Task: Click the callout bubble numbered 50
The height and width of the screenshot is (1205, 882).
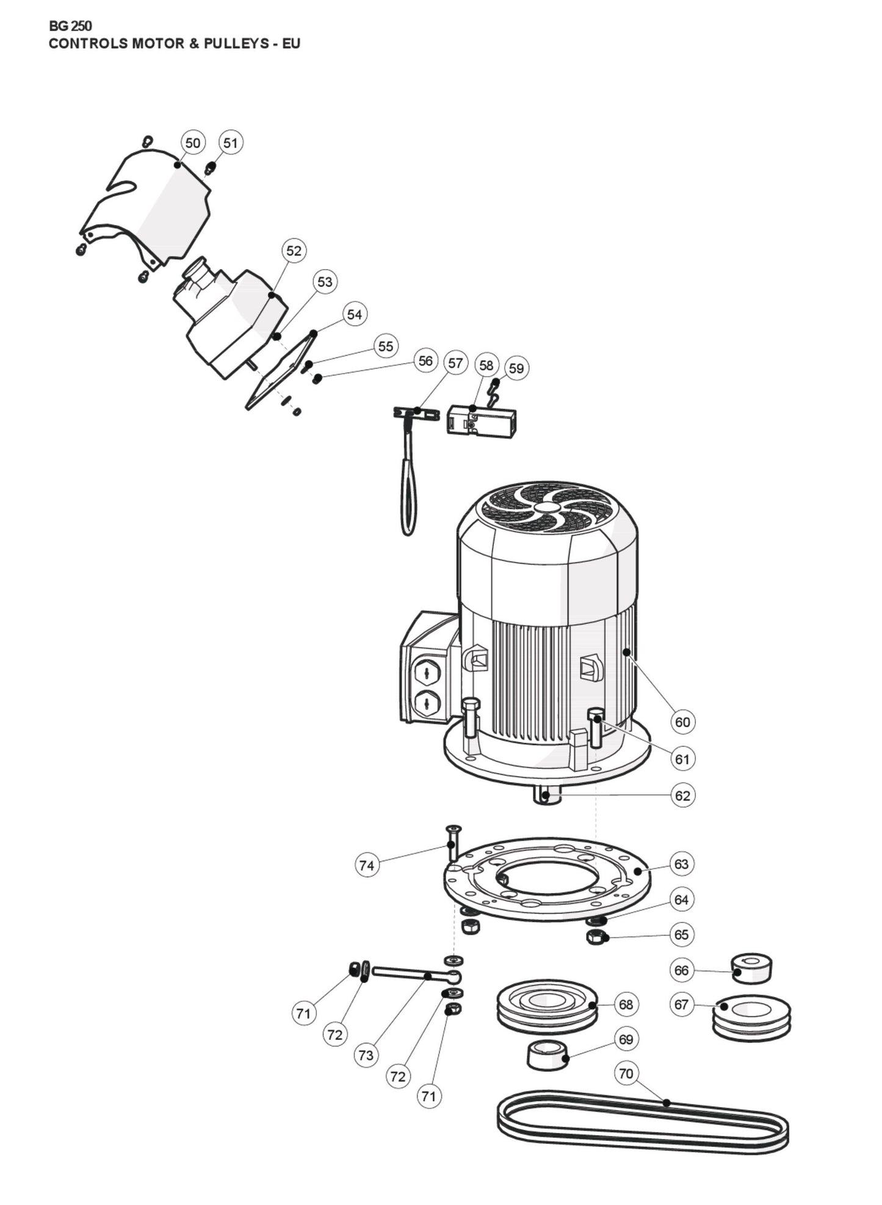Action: pyautogui.click(x=192, y=143)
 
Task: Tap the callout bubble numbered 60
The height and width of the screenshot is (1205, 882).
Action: pyautogui.click(x=682, y=722)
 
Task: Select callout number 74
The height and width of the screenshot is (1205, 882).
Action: pyautogui.click(x=366, y=865)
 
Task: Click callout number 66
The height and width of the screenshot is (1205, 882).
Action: pyautogui.click(x=681, y=970)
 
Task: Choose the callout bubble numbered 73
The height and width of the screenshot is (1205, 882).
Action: pyautogui.click(x=366, y=1055)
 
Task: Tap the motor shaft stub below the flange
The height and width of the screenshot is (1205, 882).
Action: pyautogui.click(x=547, y=796)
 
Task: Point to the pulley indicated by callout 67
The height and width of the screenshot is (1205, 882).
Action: pyautogui.click(x=751, y=1016)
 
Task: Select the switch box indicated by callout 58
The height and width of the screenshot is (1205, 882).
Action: pyautogui.click(x=482, y=420)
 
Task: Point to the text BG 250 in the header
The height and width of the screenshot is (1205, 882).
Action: pyautogui.click(x=70, y=26)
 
